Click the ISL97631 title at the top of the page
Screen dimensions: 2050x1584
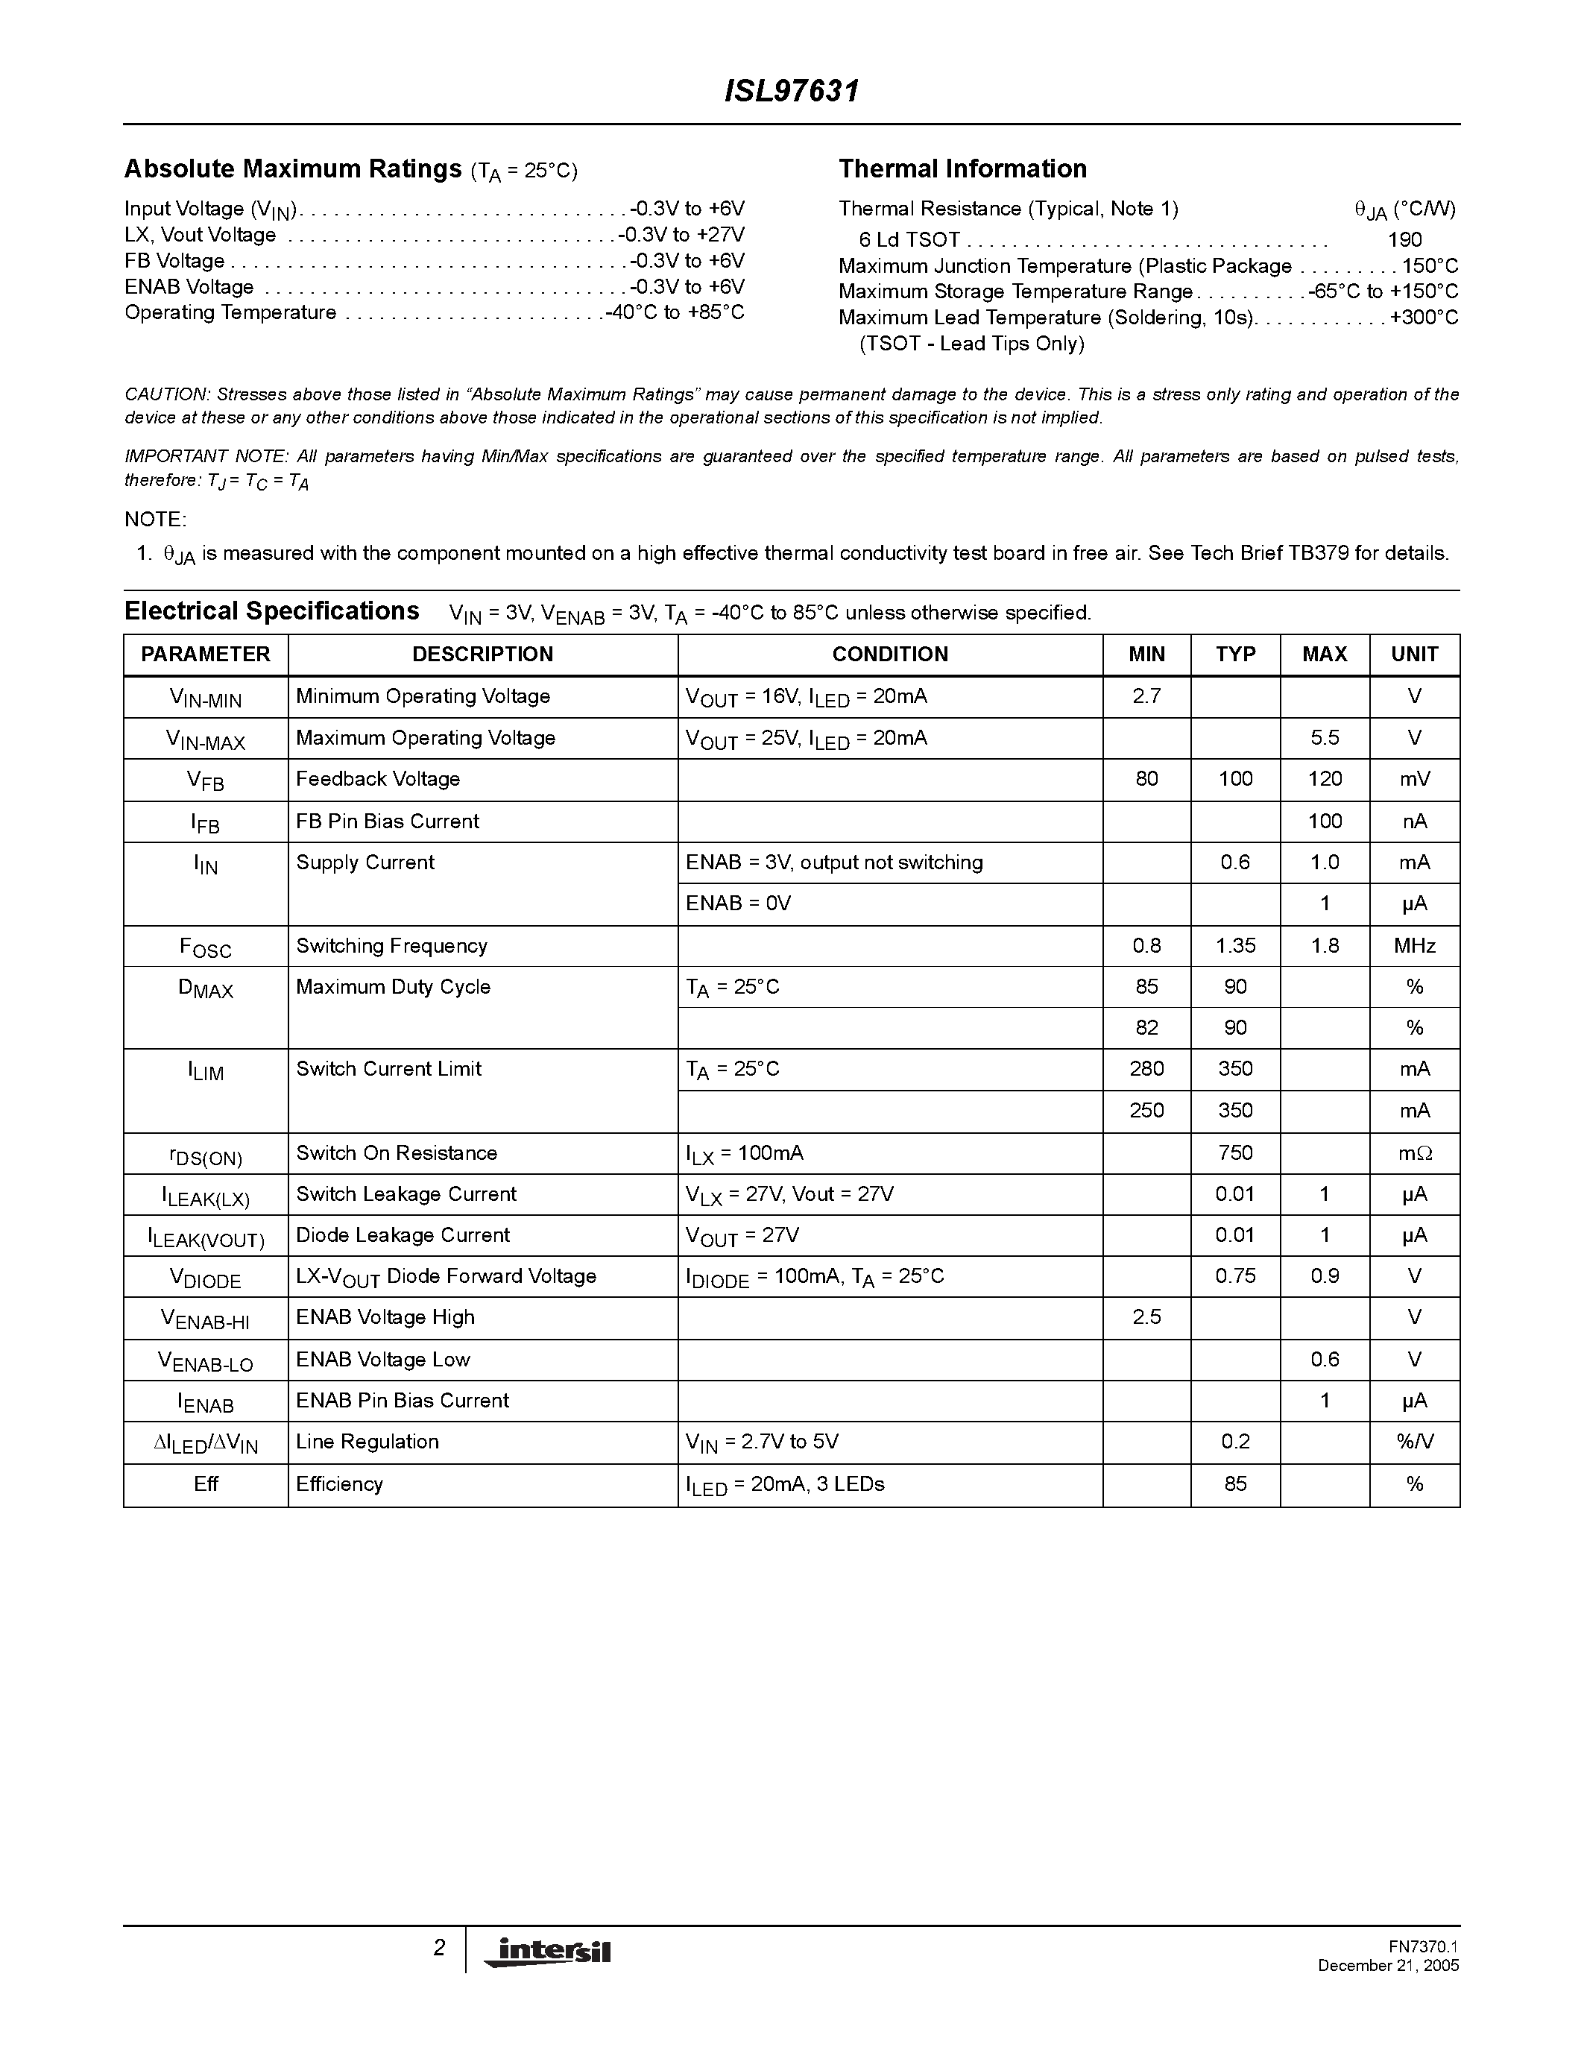(791, 91)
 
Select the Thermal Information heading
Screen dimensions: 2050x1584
(962, 169)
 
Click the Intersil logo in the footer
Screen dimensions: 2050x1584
(547, 1951)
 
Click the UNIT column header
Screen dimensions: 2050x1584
(1413, 655)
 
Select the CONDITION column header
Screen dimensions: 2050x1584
(889, 655)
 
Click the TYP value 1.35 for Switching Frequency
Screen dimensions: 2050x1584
(1235, 946)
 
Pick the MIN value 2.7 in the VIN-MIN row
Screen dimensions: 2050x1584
(1146, 696)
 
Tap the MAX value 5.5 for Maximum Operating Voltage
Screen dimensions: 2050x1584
(1324, 738)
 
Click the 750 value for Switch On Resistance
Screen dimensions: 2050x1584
(1235, 1152)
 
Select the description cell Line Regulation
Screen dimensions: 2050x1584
(367, 1442)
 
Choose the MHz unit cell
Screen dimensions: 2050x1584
(1413, 946)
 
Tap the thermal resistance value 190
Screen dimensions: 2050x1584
(1404, 240)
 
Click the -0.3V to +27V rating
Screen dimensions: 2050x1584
(681, 235)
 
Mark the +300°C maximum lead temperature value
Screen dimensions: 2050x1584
(1424, 318)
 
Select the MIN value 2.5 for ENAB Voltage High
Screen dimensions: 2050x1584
(1146, 1317)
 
